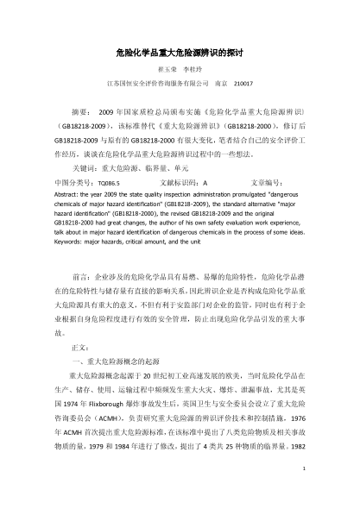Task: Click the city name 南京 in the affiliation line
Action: pos(220,84)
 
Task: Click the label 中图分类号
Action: pos(72,183)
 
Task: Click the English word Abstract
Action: pos(66,195)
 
